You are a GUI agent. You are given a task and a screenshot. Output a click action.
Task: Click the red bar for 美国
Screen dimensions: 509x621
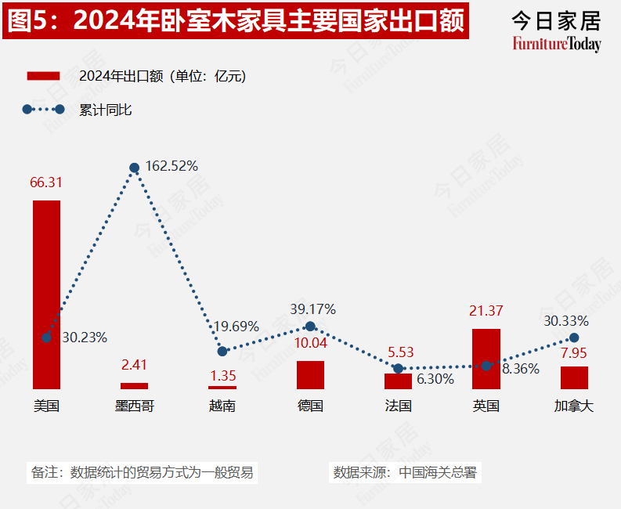pos(46,294)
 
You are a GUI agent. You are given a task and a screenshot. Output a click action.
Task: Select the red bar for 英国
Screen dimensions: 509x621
pos(486,359)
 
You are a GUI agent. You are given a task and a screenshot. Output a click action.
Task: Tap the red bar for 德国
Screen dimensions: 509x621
pos(310,374)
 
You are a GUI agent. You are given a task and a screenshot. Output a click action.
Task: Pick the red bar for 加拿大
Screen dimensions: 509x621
pos(574,377)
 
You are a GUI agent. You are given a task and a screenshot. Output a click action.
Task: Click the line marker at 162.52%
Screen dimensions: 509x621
pos(135,168)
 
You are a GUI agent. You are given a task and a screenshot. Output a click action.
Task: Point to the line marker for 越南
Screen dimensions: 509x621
pos(222,352)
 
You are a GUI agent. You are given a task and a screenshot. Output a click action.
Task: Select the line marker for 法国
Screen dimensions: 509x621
pos(398,368)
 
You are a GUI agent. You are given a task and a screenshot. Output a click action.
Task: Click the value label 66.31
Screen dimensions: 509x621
pos(46,182)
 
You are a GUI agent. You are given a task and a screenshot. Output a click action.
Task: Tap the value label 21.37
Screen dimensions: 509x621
pos(486,312)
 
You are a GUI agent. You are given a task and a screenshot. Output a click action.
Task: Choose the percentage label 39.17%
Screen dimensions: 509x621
pos(312,309)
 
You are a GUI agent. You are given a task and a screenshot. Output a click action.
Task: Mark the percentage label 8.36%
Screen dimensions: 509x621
pos(520,369)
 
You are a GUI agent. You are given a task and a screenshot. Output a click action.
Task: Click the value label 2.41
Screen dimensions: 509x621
pos(134,365)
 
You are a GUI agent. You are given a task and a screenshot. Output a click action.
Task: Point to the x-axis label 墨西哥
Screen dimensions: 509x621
pos(134,406)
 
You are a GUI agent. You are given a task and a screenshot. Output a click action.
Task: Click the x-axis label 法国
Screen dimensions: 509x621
pos(398,406)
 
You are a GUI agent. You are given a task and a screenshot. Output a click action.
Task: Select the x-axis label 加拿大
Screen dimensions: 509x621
pos(574,406)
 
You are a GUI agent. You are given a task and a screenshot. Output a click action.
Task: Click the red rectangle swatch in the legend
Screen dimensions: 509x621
pos(44,76)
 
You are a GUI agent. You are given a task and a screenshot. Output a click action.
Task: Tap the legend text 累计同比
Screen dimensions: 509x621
pos(106,110)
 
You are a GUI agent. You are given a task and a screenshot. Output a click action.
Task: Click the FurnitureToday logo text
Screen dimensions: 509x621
pos(557,44)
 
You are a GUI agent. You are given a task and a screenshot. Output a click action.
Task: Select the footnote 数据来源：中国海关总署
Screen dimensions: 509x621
pos(404,473)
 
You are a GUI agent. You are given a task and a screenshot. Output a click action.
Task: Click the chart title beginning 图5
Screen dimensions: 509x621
pos(236,21)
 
